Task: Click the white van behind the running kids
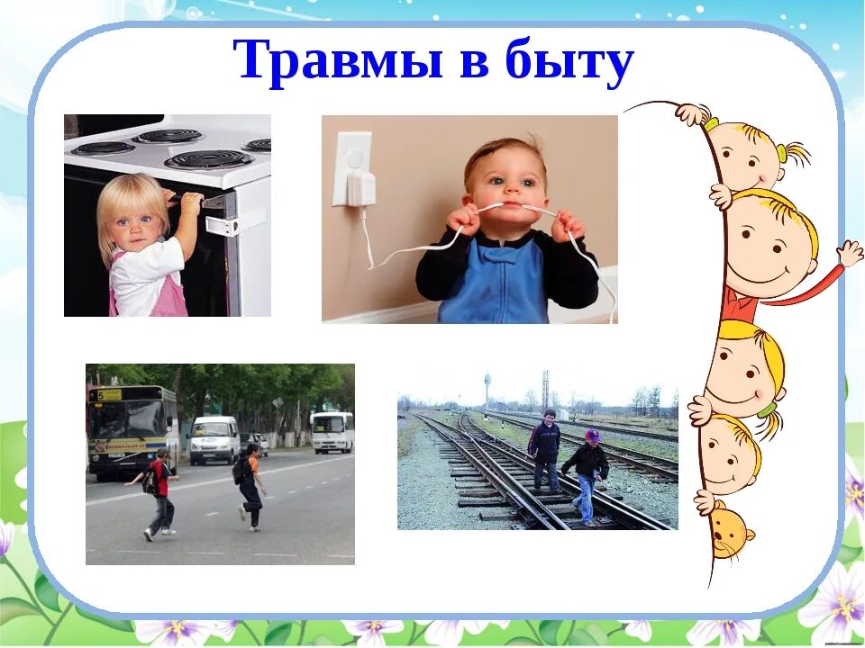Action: (x=214, y=438)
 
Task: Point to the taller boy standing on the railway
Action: (x=544, y=450)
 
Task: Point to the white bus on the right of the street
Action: (x=332, y=432)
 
